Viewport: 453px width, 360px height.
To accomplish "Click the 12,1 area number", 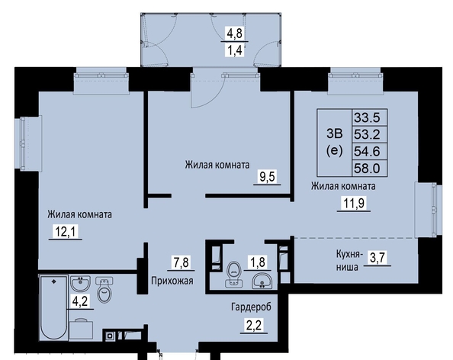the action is [x=66, y=231].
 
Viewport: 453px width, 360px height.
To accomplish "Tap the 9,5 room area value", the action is [x=267, y=176].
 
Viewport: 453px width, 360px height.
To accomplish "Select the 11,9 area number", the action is [x=354, y=204].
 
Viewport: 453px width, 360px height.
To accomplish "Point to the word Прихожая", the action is [x=172, y=281].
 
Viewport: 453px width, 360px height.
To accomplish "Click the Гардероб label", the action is [x=251, y=307].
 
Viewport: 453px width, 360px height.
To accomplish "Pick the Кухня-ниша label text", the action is [x=349, y=261].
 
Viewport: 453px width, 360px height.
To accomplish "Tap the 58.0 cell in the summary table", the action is [x=367, y=168].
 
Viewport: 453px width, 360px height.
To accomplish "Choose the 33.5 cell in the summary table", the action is [x=367, y=117].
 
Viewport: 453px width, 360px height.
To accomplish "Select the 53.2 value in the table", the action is [x=367, y=134].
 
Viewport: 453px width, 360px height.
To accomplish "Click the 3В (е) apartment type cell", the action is [x=334, y=142].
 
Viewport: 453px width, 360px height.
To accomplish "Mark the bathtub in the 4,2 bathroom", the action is [x=53, y=307].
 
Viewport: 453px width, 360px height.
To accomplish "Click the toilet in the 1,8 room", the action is [x=234, y=274].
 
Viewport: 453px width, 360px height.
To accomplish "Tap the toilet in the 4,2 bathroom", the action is [x=104, y=290].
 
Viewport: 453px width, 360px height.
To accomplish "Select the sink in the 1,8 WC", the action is [x=262, y=281].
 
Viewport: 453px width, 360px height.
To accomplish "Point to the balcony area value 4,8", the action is [x=235, y=34].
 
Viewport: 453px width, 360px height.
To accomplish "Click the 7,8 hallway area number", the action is [x=181, y=262].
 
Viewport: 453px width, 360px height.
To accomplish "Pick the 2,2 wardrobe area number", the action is [x=254, y=326].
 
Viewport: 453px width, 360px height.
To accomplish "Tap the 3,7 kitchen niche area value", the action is [x=377, y=257].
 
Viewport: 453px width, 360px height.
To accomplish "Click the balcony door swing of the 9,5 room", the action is [x=206, y=90].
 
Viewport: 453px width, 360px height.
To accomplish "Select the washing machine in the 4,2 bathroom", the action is [x=81, y=329].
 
